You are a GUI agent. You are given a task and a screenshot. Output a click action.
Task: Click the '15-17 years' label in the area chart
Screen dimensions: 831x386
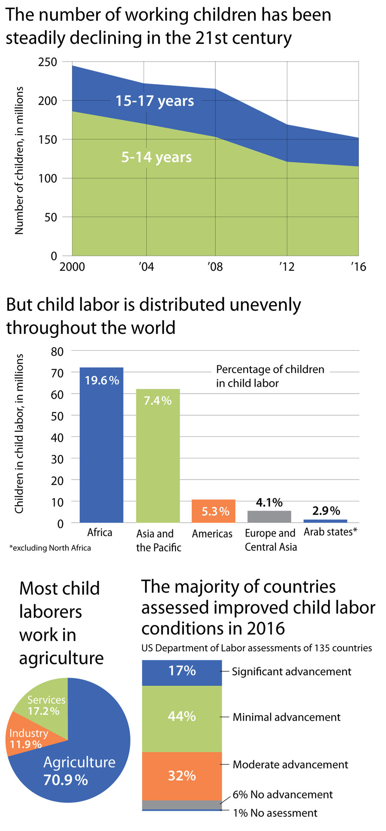[x=155, y=101]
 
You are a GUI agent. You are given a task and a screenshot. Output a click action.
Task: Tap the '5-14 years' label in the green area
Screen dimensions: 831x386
[x=157, y=157]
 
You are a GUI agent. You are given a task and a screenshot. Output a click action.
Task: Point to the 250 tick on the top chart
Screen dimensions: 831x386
[x=48, y=62]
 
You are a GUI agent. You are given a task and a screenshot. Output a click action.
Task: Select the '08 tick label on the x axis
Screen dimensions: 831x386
[x=215, y=267]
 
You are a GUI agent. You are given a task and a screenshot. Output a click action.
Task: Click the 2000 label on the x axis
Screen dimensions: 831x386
[x=72, y=267]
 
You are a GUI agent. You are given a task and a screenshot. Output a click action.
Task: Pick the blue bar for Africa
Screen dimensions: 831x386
[x=102, y=446]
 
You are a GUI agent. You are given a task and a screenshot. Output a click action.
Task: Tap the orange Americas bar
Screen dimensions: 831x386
[x=214, y=511]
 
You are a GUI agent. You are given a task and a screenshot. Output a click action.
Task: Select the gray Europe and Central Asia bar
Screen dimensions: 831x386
[x=269, y=517]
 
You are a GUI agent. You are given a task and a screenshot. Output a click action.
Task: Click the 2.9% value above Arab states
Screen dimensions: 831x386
[x=326, y=511]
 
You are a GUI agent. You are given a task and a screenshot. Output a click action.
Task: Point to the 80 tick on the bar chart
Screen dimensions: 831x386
[x=57, y=352]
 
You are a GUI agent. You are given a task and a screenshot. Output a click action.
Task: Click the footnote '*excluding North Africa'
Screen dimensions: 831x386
[x=50, y=548]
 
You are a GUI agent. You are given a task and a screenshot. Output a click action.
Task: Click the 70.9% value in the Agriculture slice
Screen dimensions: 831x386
[x=66, y=779]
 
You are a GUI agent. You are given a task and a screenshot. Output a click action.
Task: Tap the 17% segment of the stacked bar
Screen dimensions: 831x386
[x=182, y=671]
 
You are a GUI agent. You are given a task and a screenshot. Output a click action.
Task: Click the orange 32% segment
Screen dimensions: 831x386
[x=182, y=776]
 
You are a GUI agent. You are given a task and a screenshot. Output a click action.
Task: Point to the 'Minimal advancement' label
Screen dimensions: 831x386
[x=286, y=717]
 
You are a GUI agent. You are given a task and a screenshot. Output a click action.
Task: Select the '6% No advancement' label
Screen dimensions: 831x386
[x=283, y=795]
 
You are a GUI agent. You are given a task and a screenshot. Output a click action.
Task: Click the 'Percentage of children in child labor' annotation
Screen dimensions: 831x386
[x=270, y=376]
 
